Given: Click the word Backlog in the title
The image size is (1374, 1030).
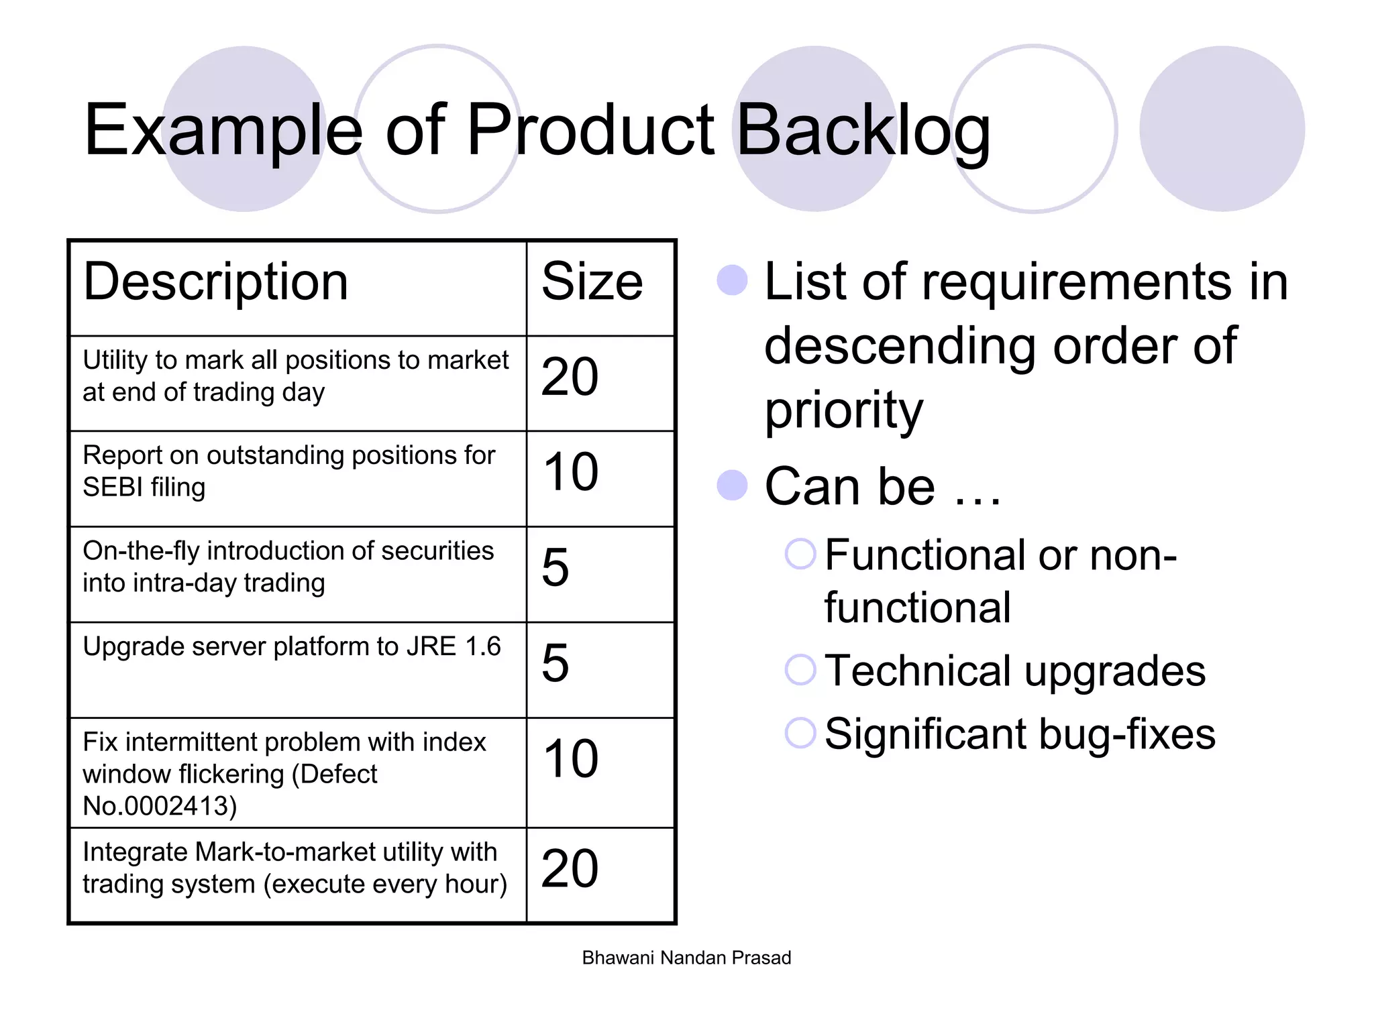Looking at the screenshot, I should [x=863, y=131].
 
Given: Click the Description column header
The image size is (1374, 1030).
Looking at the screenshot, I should [x=215, y=282].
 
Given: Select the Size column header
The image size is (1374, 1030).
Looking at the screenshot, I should [x=592, y=282].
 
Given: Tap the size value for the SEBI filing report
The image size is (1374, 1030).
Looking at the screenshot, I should [x=570, y=472].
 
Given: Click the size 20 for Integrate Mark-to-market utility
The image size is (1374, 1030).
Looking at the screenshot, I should [x=570, y=869].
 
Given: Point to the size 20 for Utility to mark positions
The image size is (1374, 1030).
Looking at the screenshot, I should [x=570, y=377].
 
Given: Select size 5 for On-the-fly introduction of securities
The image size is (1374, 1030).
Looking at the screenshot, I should [x=556, y=568].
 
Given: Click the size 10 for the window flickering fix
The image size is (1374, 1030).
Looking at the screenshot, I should [x=570, y=759].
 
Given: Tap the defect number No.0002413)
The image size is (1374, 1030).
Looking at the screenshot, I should [x=160, y=806].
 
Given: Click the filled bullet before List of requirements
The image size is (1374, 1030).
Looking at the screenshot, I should [x=732, y=280].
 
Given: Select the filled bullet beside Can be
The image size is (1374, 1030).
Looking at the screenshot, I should [x=732, y=485].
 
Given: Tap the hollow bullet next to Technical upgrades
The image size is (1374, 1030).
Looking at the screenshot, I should [x=800, y=669].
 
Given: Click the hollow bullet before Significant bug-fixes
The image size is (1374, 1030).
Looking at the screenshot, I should [x=800, y=732].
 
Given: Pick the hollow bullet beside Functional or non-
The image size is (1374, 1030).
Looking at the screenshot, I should [x=800, y=554].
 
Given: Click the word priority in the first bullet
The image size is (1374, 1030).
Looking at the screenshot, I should [x=843, y=410].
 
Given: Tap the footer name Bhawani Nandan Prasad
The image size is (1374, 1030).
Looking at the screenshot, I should [x=686, y=958].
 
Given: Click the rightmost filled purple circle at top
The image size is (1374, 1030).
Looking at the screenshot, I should [x=1222, y=129].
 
